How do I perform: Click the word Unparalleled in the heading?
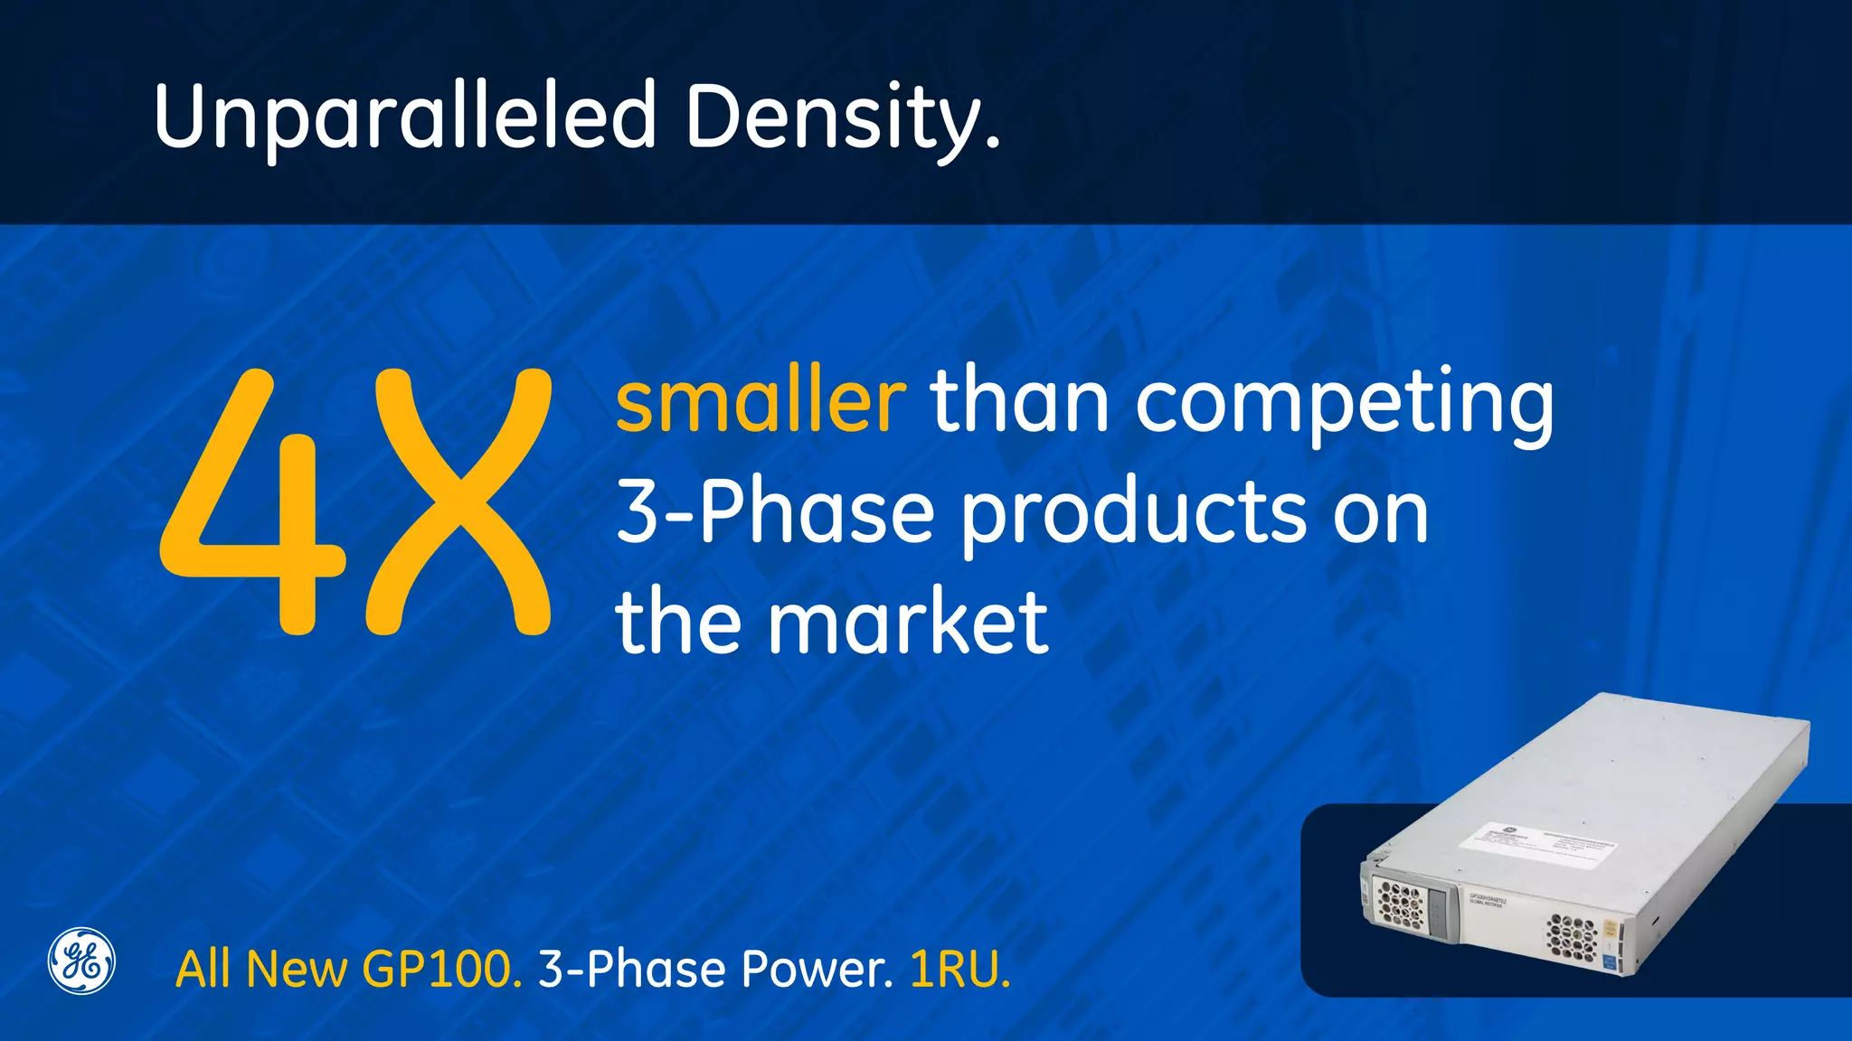pyautogui.click(x=404, y=117)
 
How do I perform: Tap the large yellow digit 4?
pyautogui.click(x=253, y=506)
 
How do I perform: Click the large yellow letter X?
pyautogui.click(x=458, y=502)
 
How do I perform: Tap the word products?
pyautogui.click(x=1133, y=515)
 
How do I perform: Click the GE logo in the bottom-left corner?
pyautogui.click(x=81, y=961)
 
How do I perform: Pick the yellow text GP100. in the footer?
pyautogui.click(x=441, y=971)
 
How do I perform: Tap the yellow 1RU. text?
pyautogui.click(x=959, y=971)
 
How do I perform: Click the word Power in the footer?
pyautogui.click(x=817, y=971)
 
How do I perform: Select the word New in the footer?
pyautogui.click(x=297, y=971)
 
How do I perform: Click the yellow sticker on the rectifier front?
pyautogui.click(x=1611, y=929)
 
